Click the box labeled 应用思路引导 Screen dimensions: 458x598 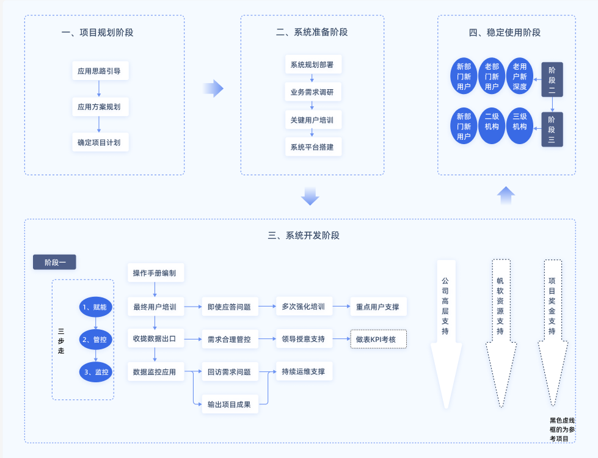tap(99, 71)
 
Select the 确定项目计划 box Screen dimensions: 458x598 tap(99, 143)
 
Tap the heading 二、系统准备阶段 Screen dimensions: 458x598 tap(312, 32)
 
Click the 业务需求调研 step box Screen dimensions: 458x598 tap(312, 92)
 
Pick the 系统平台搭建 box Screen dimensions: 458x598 tap(312, 147)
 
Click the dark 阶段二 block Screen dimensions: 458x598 tap(552, 79)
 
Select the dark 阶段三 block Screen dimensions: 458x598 tap(552, 129)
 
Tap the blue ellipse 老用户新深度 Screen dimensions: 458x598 tap(519, 76)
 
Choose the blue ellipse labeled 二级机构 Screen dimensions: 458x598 tap(492, 126)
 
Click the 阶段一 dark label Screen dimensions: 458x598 tap(54, 263)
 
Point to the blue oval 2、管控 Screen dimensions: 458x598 tap(96, 340)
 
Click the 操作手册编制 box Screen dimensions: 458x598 tap(155, 273)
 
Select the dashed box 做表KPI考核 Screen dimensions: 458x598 tap(378, 339)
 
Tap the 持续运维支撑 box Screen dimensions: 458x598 tap(304, 371)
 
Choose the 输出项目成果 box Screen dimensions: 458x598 tap(229, 404)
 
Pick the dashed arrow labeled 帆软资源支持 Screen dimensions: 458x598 tap(500, 324)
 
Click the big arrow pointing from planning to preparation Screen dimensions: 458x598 tap(213, 89)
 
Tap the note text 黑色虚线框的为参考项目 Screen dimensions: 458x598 tap(562, 429)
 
